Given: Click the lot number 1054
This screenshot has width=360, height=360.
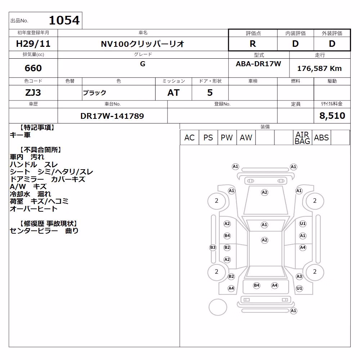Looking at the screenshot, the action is pos(64,20).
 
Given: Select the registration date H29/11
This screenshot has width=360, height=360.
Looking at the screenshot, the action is pos(33,44).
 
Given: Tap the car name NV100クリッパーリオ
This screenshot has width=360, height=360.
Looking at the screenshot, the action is pos(143,44).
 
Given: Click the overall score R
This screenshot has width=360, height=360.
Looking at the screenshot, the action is pos(253,44).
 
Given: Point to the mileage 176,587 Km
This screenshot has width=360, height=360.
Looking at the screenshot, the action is pos(319,68).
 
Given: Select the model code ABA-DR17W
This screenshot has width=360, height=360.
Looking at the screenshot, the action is pos(258,64).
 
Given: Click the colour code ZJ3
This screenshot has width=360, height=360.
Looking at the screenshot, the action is pos(33,93).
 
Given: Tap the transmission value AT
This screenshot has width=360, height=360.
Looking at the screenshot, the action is pos(174,93).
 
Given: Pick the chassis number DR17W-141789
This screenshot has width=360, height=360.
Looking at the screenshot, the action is pos(112,116).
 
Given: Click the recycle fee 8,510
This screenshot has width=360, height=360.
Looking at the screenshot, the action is pos(332,116).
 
